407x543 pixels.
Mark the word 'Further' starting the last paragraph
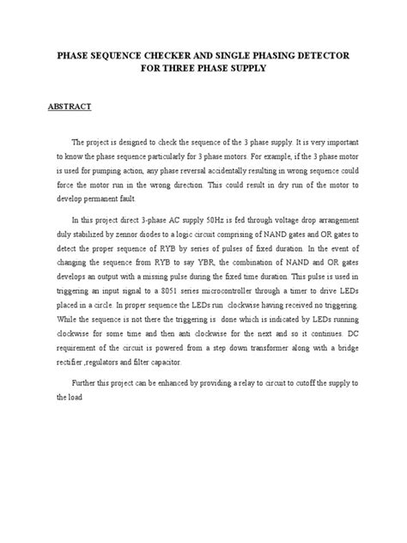88,384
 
